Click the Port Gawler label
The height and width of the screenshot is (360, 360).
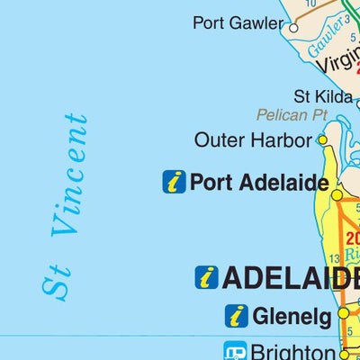pos(238,23)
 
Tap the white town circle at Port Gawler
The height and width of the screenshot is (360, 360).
pos(292,27)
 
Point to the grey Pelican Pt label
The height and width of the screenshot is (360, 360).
pos(291,115)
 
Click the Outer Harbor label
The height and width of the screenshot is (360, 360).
pos(253,140)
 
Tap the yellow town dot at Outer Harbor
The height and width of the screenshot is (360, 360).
pos(321,139)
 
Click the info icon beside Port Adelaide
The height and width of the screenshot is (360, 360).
pos(174,182)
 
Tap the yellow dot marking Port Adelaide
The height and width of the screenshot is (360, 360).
pos(337,194)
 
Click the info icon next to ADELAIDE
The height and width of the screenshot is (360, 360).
pos(206,277)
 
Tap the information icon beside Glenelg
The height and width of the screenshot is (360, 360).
pos(237,316)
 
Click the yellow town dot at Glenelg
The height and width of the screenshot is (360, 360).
pos(343,313)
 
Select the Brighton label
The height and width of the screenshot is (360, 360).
pos(293,350)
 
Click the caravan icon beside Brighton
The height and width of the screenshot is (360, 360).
pos(236,350)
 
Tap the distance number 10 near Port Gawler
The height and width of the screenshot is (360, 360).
pos(310,4)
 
